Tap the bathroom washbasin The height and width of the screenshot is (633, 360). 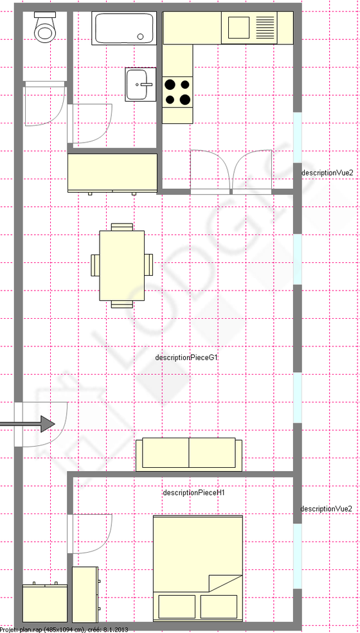(140, 85)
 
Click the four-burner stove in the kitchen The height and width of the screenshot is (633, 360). (177, 91)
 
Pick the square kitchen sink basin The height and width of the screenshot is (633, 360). (238, 28)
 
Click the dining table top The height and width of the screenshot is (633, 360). (122, 265)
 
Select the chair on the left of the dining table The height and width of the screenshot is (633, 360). (95, 265)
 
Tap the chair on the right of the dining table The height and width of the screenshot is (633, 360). (148, 265)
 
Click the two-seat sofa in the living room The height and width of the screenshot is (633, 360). (188, 454)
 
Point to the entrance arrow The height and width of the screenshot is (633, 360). (29, 423)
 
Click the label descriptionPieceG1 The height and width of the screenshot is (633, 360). (187, 357)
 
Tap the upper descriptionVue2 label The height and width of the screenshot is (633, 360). (327, 173)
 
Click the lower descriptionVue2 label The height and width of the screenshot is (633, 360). (327, 509)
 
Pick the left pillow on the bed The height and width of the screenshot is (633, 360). (176, 606)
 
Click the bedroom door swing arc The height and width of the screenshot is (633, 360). (96, 537)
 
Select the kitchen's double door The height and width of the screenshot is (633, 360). (231, 171)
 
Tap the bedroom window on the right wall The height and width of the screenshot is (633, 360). (297, 556)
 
